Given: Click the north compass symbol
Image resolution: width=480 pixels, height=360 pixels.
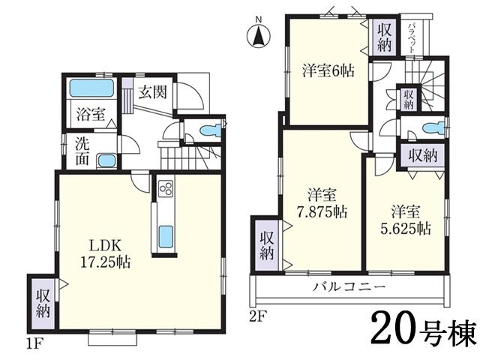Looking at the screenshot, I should [x=258, y=33].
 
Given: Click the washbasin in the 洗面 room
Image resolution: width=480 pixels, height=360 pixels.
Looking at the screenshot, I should [x=107, y=160].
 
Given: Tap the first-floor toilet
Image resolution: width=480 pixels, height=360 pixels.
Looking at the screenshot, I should [x=211, y=130].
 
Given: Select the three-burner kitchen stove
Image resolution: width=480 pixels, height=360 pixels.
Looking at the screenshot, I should [x=165, y=190].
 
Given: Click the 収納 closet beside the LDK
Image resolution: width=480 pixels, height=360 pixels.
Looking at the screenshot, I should [x=41, y=304].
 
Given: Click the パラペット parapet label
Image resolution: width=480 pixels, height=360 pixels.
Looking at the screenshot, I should [x=412, y=36].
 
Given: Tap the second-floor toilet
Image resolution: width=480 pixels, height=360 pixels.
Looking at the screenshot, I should [x=428, y=127].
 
